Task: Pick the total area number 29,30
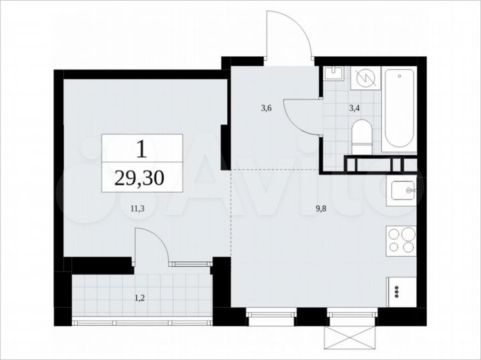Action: coord(142,177)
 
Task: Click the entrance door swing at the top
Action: coord(289,37)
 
